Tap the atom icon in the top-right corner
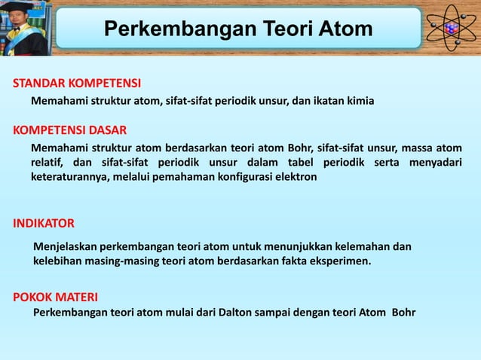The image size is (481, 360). pyautogui.click(x=452, y=28)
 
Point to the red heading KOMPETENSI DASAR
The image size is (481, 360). pyautogui.click(x=69, y=130)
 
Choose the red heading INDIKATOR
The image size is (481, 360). pyautogui.click(x=44, y=224)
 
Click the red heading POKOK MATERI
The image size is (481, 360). pyautogui.click(x=56, y=297)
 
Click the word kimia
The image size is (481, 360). pyautogui.click(x=358, y=100)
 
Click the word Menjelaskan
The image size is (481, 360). pyautogui.click(x=65, y=246)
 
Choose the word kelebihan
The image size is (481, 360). pyautogui.click(x=57, y=261)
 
